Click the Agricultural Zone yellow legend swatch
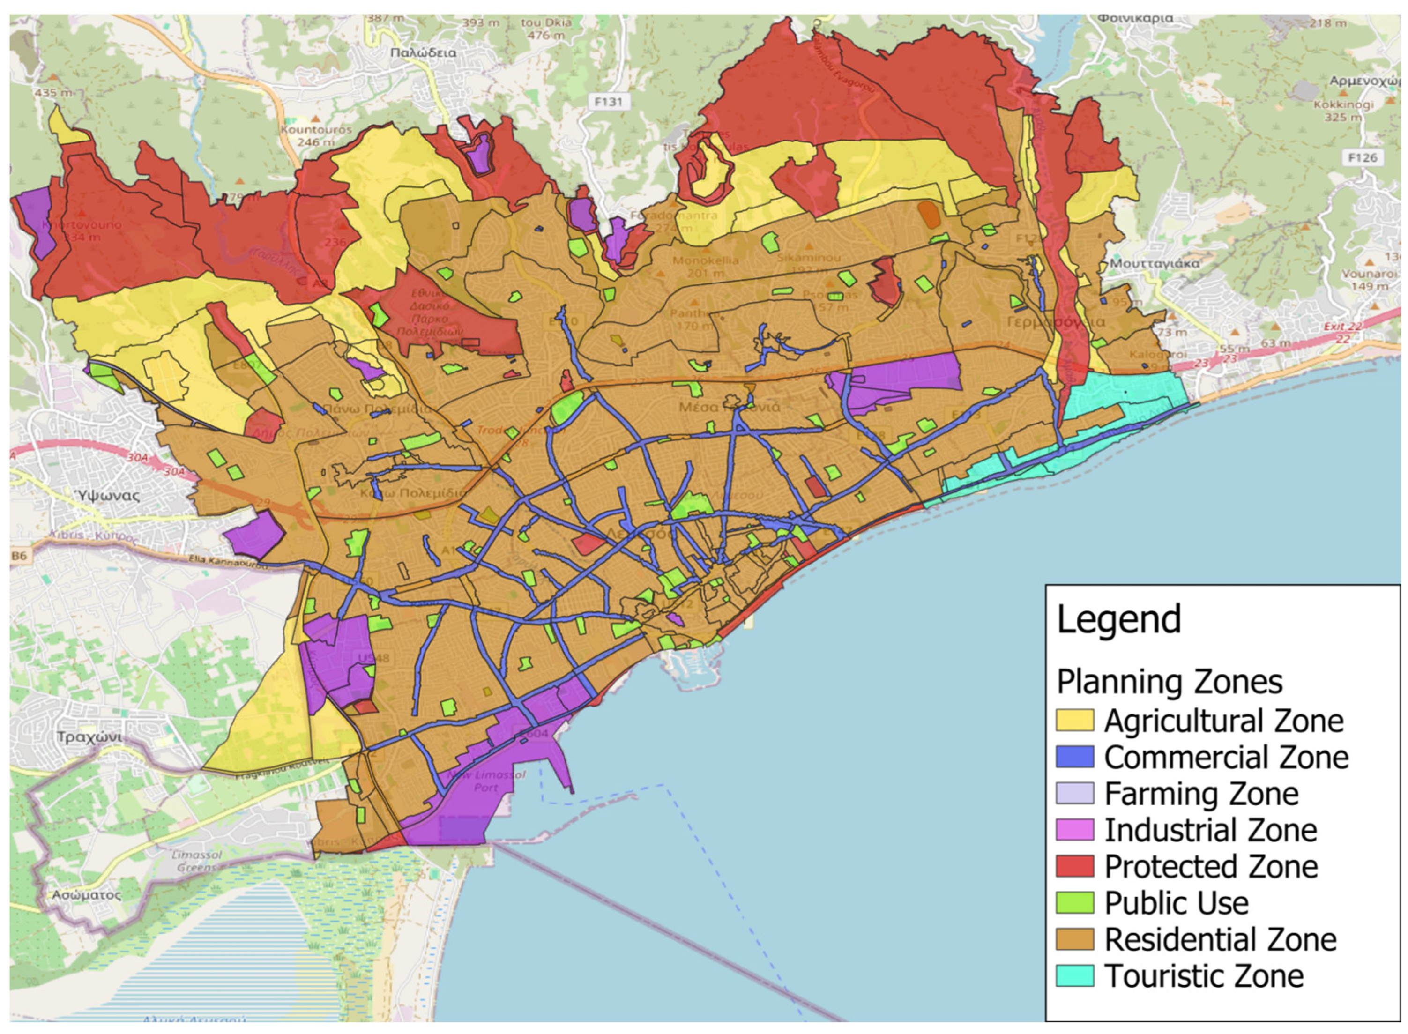(1074, 720)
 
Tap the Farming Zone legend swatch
(1074, 793)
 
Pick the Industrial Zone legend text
(1210, 830)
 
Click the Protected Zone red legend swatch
(1074, 866)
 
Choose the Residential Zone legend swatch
(1074, 939)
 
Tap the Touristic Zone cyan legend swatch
(1074, 976)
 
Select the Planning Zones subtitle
(1169, 682)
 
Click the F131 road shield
(609, 101)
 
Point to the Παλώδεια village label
(423, 52)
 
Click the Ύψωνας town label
(108, 495)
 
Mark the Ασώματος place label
(86, 894)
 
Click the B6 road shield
(19, 555)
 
